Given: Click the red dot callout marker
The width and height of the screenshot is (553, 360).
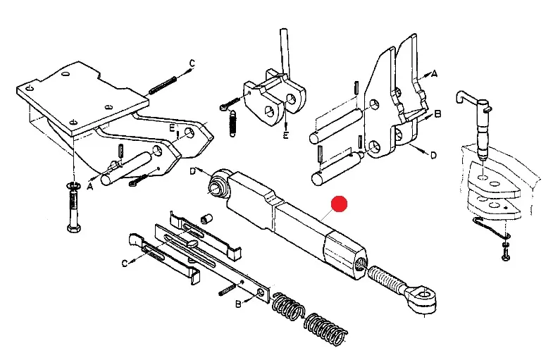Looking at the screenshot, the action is (x=339, y=204).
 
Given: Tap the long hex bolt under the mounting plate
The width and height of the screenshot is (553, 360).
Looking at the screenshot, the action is (x=74, y=208).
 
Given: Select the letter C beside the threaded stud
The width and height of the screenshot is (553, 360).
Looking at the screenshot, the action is (x=192, y=63).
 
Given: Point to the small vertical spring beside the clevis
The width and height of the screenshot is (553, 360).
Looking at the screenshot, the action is (x=232, y=123).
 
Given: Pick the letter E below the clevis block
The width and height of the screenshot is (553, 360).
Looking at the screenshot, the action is (x=286, y=135).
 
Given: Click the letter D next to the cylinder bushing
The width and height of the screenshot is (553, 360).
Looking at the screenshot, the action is (x=193, y=172).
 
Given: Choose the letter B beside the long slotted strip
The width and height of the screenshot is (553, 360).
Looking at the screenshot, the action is (x=238, y=304).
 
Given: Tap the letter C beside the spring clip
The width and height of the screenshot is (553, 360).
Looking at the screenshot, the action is (x=125, y=263).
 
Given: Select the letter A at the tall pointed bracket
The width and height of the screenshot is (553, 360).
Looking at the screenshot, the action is (x=435, y=74).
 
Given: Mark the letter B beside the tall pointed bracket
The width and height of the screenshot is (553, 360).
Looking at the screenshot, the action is (x=437, y=114).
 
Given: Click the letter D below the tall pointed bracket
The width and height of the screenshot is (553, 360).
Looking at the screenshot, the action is (x=433, y=155).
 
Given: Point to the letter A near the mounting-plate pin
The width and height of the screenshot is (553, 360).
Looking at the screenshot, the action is (x=90, y=187).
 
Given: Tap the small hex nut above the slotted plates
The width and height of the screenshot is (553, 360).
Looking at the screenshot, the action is (x=206, y=218).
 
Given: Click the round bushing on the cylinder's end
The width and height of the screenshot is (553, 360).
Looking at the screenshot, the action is (x=218, y=182).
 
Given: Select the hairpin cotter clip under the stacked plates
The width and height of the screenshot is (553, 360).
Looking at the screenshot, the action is (x=490, y=228).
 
